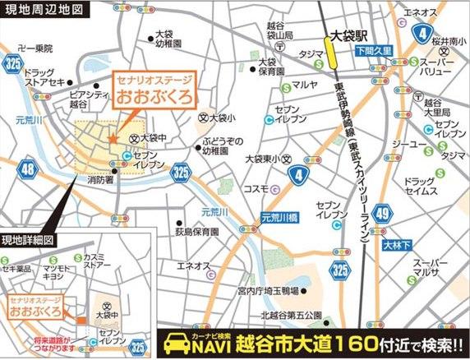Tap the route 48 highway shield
29,169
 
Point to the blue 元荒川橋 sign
283,218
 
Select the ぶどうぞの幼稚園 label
221,146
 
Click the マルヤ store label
304,85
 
